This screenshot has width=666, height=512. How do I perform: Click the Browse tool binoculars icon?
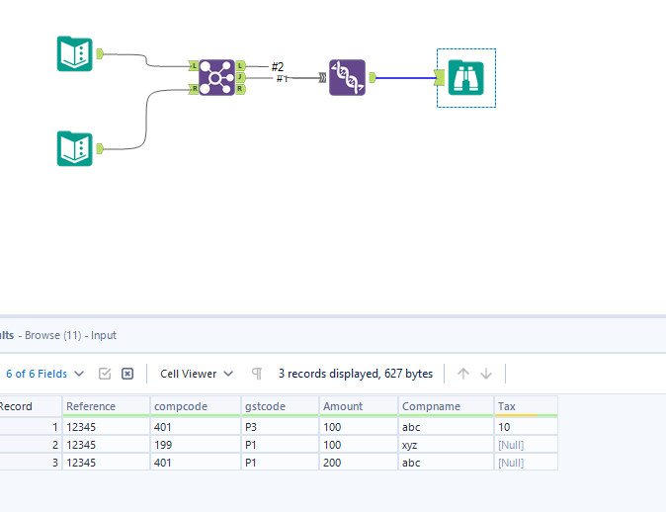click(465, 77)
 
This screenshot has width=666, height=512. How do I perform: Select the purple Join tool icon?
click(216, 77)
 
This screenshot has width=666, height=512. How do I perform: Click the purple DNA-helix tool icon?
click(347, 77)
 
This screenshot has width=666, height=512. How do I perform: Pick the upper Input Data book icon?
click(74, 53)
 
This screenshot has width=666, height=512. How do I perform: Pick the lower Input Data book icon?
click(74, 148)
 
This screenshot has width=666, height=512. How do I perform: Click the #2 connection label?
click(278, 66)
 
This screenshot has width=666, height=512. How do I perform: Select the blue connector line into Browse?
click(405, 77)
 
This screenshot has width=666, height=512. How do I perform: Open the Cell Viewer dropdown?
click(197, 374)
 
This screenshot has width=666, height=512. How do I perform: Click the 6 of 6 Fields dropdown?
click(43, 374)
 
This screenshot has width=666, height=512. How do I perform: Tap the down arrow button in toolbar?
click(486, 374)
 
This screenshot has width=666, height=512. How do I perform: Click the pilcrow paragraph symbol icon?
click(257, 374)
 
